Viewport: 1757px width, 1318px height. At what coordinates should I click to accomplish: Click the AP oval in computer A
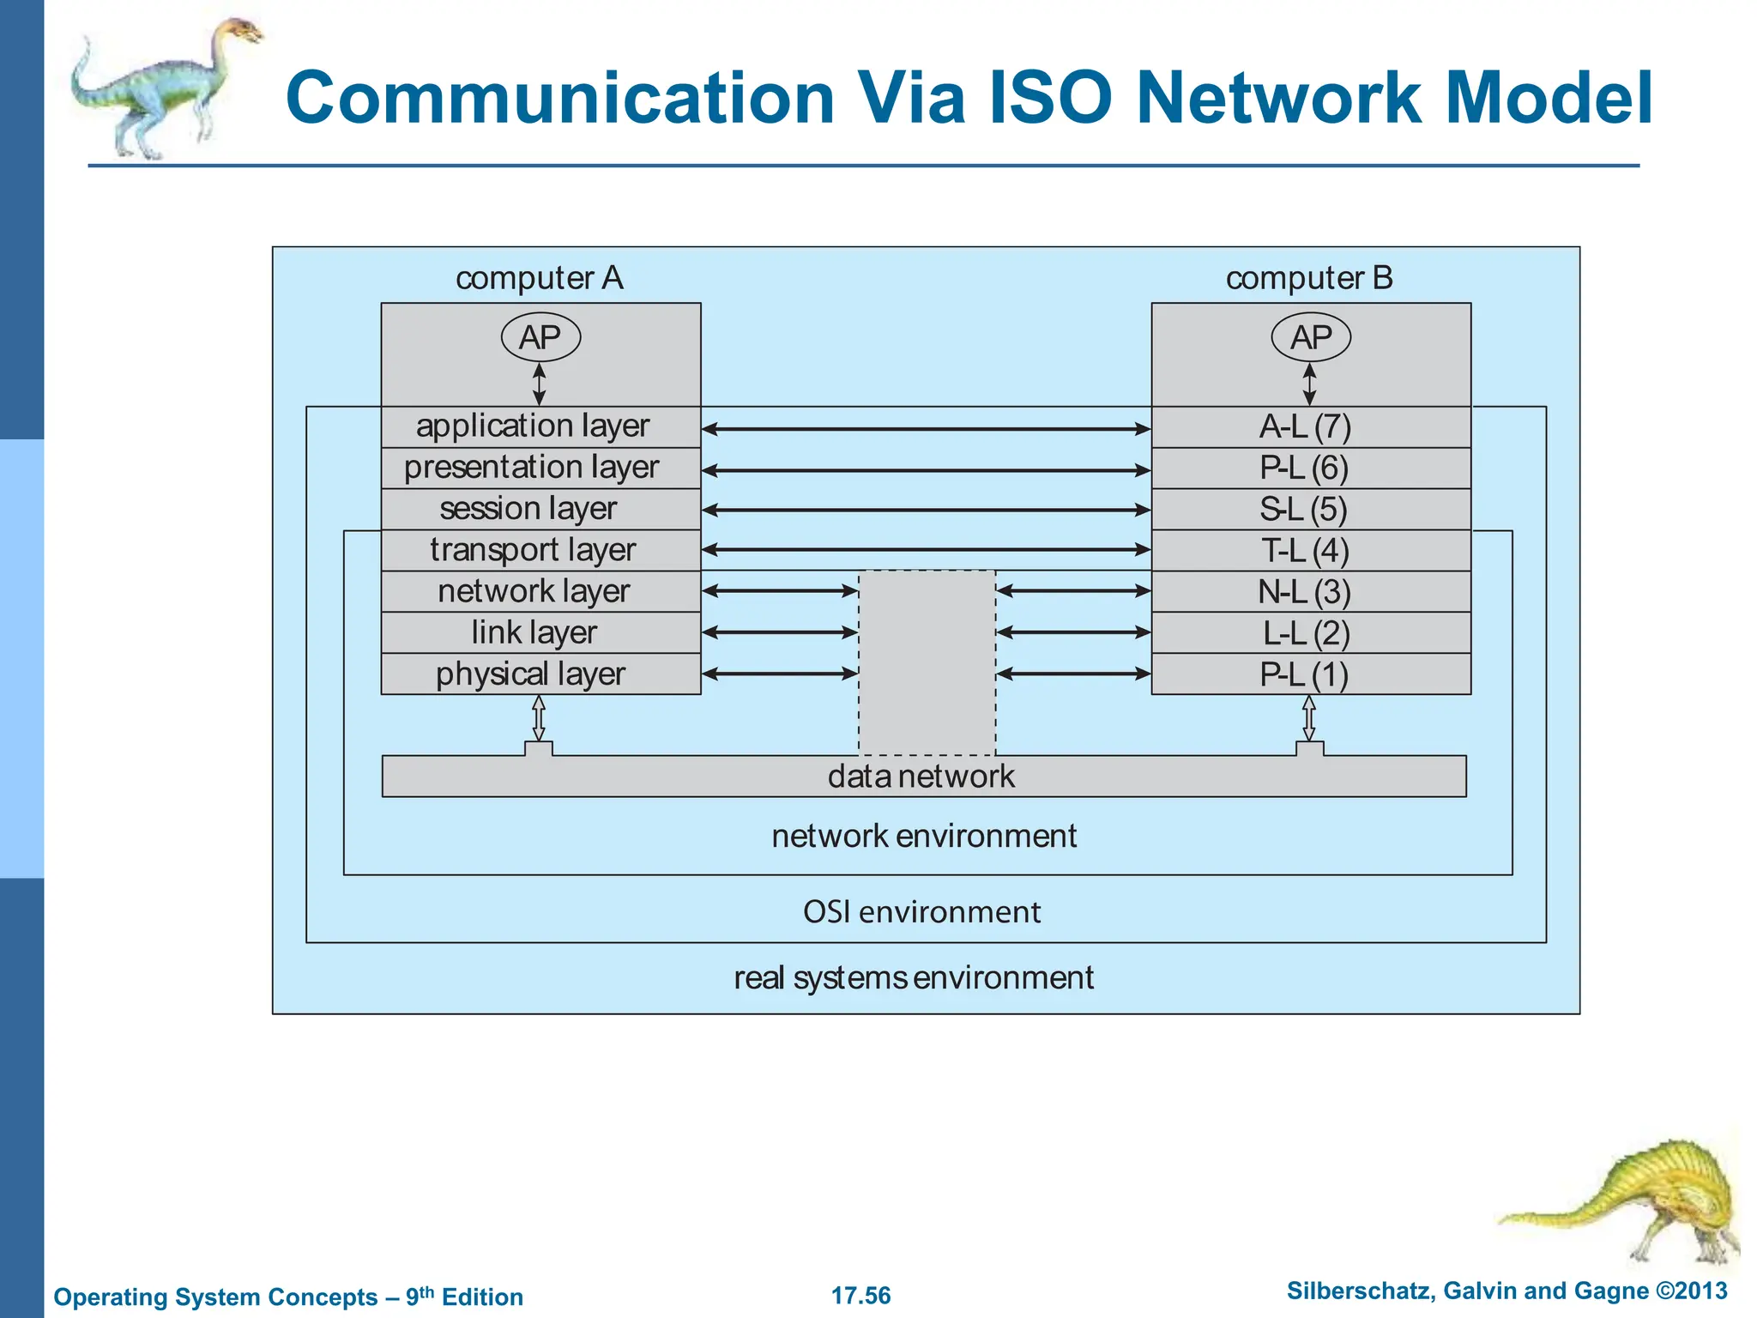pyautogui.click(x=540, y=337)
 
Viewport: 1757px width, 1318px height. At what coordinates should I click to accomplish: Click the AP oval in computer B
pyautogui.click(x=1310, y=337)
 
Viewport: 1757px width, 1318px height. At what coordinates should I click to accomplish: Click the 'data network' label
pyautogui.click(x=921, y=777)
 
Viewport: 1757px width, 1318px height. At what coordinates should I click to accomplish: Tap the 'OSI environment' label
pyautogui.click(x=921, y=911)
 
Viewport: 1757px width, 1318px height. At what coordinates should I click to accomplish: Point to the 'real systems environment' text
pyautogui.click(x=913, y=977)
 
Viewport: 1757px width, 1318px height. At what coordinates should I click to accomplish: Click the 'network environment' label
pyautogui.click(x=923, y=836)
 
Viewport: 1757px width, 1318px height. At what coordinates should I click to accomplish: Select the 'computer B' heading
pyautogui.click(x=1309, y=278)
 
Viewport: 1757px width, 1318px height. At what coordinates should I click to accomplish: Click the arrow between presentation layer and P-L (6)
pyautogui.click(x=926, y=470)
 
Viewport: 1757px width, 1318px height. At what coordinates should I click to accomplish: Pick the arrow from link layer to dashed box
pyautogui.click(x=779, y=632)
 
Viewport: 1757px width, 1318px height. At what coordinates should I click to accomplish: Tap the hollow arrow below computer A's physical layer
pyautogui.click(x=539, y=717)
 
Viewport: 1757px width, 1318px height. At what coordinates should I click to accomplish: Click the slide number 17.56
pyautogui.click(x=860, y=1296)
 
